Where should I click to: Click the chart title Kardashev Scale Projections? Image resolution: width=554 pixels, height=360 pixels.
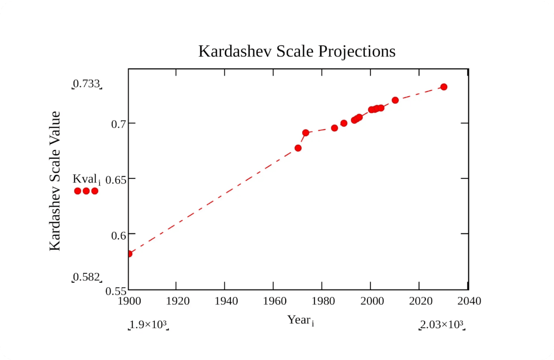coord(297,51)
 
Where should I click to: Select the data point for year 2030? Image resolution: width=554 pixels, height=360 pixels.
coord(443,87)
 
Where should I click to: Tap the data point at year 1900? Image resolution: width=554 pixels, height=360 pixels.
coord(129,254)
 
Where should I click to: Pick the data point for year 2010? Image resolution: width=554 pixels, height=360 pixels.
coord(395,100)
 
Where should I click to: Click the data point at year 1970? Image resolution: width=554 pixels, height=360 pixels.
coord(298,148)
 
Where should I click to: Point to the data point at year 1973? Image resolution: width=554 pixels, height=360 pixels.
coord(305,133)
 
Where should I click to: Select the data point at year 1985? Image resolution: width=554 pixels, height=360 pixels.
coord(335,128)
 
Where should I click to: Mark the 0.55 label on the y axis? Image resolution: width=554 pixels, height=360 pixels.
coord(116,291)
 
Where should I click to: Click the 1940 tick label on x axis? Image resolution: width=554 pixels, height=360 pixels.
coord(226,301)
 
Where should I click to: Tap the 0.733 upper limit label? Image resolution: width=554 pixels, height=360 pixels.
coord(86,84)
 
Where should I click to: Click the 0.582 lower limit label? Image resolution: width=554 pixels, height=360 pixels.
coord(86,277)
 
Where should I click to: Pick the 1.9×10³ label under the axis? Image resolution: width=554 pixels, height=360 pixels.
coord(148,324)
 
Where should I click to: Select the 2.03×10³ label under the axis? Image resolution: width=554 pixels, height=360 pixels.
coord(442,324)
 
